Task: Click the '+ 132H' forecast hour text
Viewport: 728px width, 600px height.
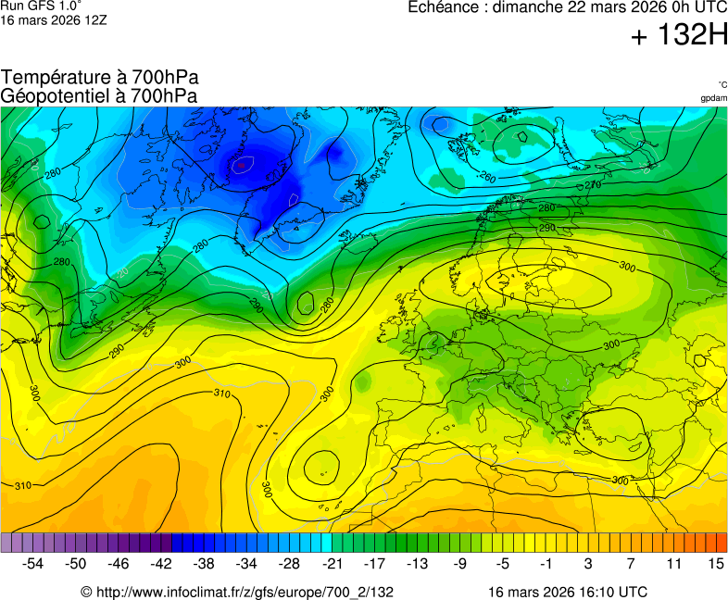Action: [x=679, y=36]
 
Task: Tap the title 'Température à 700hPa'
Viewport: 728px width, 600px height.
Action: [x=99, y=78]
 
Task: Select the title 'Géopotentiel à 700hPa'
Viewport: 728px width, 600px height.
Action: [x=99, y=95]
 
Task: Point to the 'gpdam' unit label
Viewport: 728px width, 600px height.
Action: [x=713, y=97]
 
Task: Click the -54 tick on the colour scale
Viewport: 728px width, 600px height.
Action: [x=33, y=563]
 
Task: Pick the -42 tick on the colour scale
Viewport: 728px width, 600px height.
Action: [x=161, y=563]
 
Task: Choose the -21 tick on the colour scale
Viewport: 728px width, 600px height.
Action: [x=332, y=563]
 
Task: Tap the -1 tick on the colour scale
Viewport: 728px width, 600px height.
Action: [x=546, y=563]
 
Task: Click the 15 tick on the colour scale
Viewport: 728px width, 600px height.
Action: [x=715, y=563]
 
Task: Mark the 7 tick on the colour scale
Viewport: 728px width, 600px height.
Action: [x=631, y=563]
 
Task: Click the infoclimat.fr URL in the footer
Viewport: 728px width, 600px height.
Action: [x=237, y=592]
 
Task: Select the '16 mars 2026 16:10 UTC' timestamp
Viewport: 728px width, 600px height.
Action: [x=568, y=592]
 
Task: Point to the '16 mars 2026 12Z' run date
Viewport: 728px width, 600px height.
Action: [x=54, y=19]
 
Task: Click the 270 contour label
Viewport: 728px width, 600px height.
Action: [x=593, y=185]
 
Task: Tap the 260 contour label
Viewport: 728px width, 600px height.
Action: [x=488, y=177]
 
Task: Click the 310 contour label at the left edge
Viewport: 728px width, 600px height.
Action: [x=23, y=485]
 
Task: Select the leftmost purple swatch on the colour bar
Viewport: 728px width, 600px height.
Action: [x=6, y=543]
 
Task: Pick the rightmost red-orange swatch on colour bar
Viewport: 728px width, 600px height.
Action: [x=722, y=543]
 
